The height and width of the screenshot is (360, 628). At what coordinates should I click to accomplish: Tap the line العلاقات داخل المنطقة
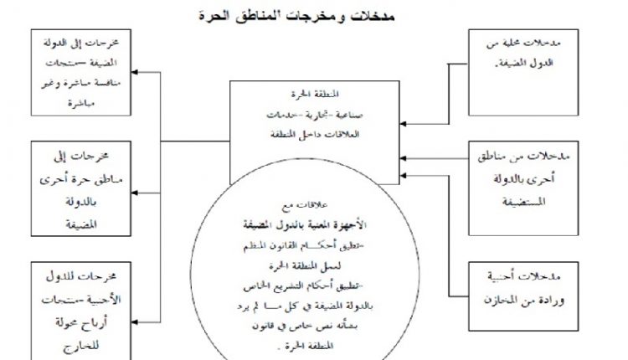click(x=316, y=134)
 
